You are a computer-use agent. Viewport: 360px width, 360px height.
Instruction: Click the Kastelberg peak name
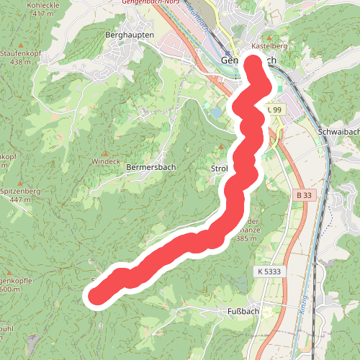269,46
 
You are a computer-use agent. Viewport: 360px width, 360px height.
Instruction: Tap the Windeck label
105,162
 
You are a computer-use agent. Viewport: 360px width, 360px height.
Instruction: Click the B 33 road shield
305,195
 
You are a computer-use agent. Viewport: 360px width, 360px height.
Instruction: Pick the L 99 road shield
274,109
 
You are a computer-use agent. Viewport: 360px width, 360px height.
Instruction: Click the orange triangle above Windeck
105,153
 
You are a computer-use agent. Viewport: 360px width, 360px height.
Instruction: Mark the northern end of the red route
256,63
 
